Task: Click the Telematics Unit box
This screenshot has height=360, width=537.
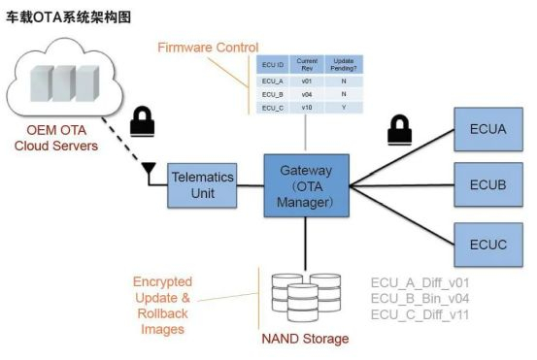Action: tap(202, 185)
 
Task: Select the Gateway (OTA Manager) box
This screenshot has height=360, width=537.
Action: tap(307, 185)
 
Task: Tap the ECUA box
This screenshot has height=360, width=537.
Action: tap(488, 129)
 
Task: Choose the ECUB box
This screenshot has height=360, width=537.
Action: tap(488, 184)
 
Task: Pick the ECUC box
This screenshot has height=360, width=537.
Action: tap(488, 245)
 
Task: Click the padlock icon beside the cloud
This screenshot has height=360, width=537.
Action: tap(143, 122)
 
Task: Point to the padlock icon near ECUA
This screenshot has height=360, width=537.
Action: tap(400, 130)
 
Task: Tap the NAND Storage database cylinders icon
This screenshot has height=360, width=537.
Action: tap(306, 297)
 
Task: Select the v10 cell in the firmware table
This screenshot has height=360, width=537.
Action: tap(307, 108)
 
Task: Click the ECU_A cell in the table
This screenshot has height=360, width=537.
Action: tap(273, 82)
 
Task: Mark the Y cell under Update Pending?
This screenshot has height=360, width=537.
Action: tap(344, 108)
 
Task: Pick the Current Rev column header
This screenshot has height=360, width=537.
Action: tap(307, 64)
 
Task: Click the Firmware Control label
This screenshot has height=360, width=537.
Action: tap(208, 48)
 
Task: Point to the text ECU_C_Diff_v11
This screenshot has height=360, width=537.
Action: tap(420, 314)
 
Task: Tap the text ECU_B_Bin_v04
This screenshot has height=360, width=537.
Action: tap(420, 299)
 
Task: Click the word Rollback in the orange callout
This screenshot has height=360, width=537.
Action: tap(163, 313)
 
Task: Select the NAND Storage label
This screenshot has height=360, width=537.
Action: tap(305, 339)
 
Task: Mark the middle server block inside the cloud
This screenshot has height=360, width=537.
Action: tap(64, 83)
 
